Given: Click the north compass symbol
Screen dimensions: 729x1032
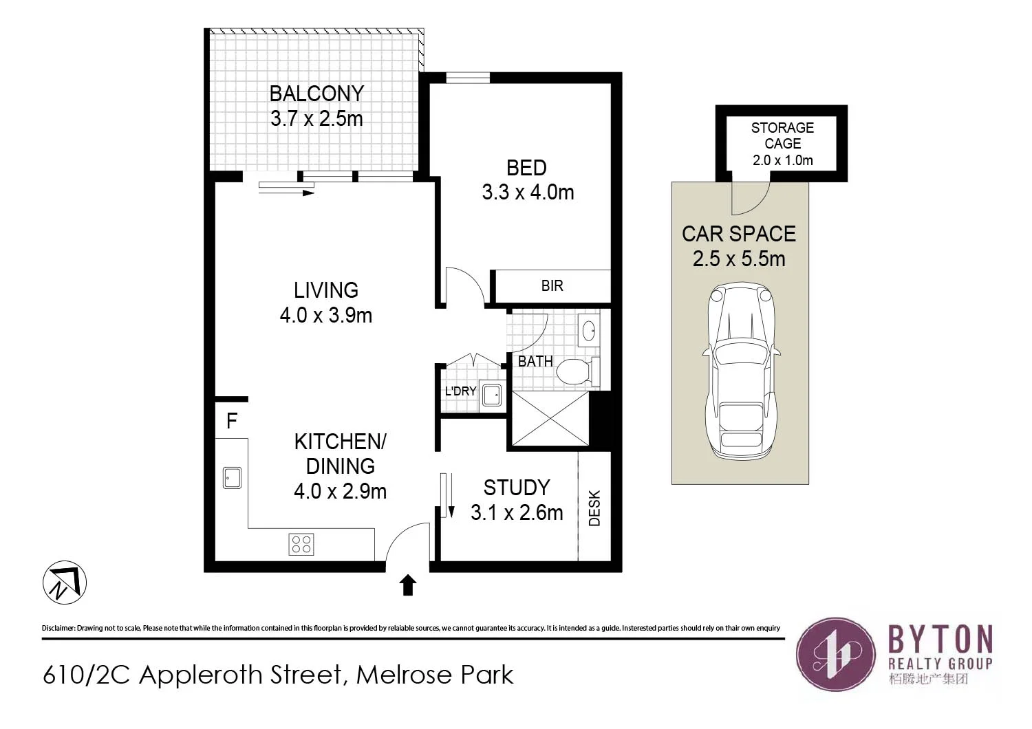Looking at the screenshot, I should coord(65,583).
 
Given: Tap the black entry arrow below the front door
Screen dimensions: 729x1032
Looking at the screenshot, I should coord(408,585).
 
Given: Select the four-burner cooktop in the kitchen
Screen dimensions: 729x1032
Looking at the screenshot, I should coord(301,544).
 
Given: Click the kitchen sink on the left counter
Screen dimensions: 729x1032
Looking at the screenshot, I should coord(233,477).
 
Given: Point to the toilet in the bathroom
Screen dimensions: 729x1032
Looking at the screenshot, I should coord(573,372).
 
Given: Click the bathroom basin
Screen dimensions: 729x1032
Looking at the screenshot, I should coord(590,331).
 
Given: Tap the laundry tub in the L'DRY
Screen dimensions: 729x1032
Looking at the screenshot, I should coord(491,395).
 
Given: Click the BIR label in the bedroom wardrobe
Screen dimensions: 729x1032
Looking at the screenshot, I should coord(552,286).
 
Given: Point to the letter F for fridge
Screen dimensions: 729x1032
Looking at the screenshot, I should coord(232,421).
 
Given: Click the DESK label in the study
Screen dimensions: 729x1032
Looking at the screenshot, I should coord(595,508).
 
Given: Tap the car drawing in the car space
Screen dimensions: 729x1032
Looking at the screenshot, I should coord(741,371).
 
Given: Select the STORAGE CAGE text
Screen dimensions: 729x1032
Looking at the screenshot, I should coord(782,135).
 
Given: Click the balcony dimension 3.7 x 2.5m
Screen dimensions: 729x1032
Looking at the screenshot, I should coord(316,119).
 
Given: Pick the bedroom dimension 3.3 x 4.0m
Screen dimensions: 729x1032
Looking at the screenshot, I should coord(528,193).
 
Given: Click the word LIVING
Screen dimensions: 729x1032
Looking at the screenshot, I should coord(326,290).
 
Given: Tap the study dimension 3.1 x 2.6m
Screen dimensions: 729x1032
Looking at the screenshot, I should coord(517,513).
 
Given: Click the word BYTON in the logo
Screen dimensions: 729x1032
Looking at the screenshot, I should coord(940,639).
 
